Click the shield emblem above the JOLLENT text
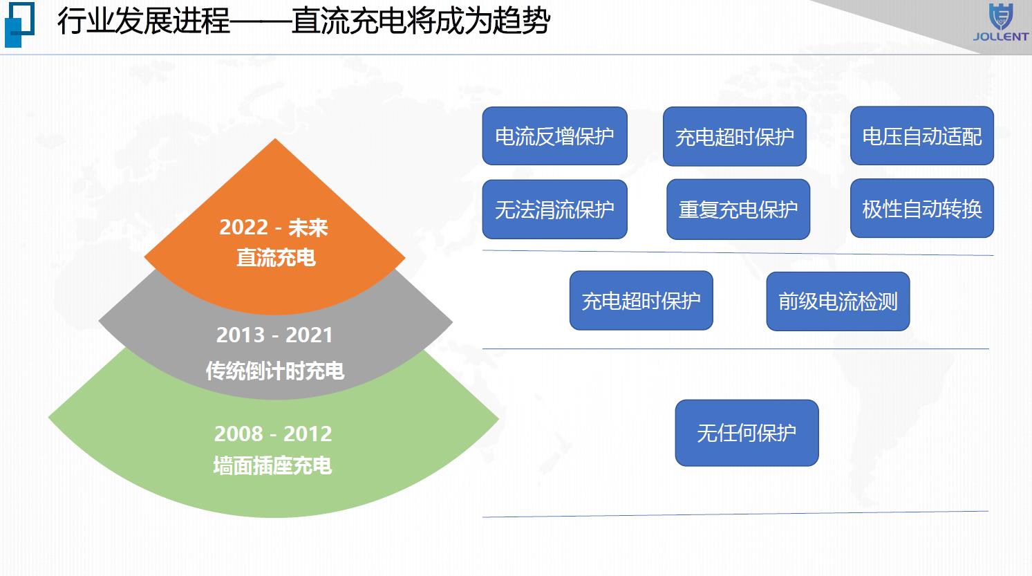[x=1001, y=17]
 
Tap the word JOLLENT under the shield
[x=1001, y=37]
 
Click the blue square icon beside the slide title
[x=19, y=24]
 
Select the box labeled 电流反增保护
[x=554, y=136]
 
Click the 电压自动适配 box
[x=922, y=136]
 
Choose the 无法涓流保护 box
[x=554, y=210]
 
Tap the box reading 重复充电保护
[x=738, y=210]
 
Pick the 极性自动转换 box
[x=922, y=208]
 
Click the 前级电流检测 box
[x=838, y=301]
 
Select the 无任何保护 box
[x=747, y=433]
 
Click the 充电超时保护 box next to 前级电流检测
[x=641, y=300]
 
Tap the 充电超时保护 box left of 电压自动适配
[x=735, y=136]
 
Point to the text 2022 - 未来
[x=274, y=227]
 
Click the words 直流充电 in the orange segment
[x=276, y=257]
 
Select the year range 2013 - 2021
[x=274, y=335]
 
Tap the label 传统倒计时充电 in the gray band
[x=274, y=371]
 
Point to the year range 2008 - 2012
[x=273, y=434]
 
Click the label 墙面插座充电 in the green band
[x=272, y=465]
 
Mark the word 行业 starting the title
[x=86, y=21]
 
